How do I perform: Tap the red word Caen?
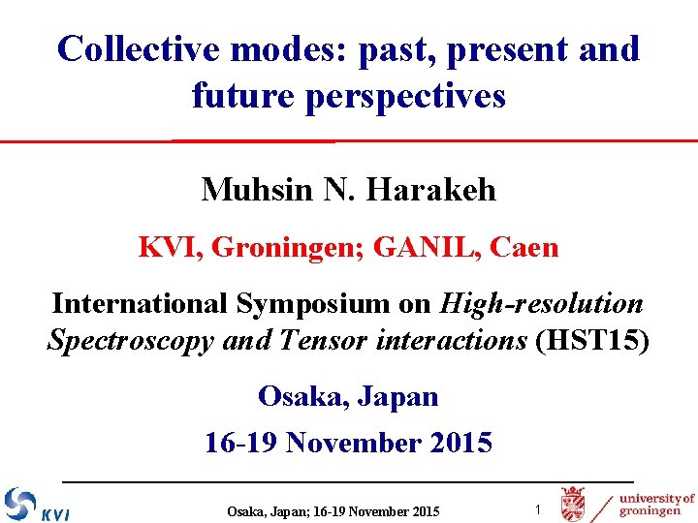click(524, 248)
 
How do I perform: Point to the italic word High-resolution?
click(541, 304)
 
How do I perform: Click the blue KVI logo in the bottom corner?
click(36, 505)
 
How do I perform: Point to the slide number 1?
click(538, 509)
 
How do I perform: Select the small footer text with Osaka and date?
click(333, 511)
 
